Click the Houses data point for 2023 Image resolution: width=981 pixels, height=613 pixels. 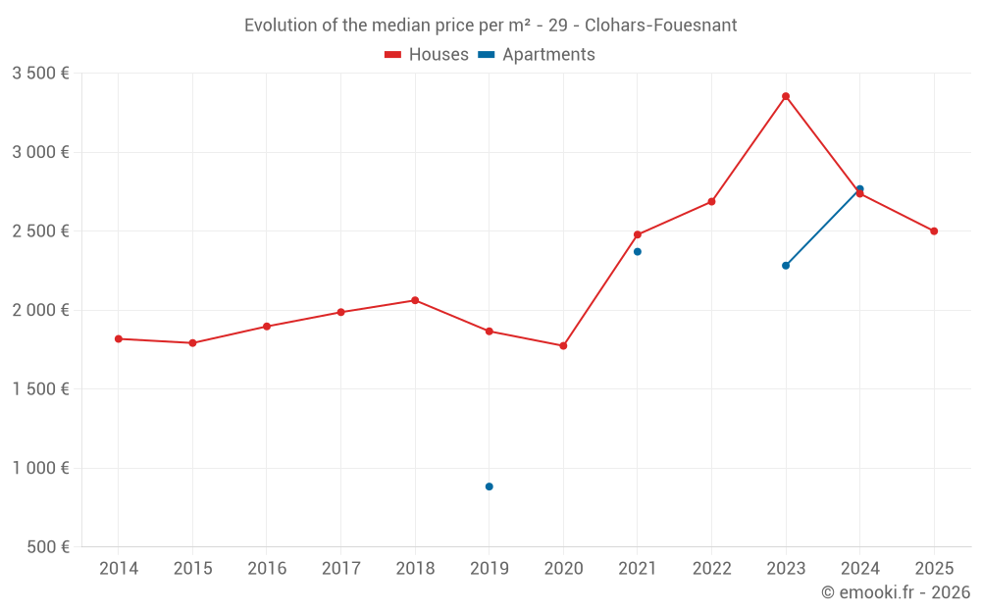[x=786, y=96]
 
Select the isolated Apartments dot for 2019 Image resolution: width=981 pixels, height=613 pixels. [x=489, y=486]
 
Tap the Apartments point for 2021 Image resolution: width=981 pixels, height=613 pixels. [x=638, y=252]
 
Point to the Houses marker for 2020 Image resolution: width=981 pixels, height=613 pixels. [x=563, y=346]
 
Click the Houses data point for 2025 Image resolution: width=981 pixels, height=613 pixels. [x=934, y=231]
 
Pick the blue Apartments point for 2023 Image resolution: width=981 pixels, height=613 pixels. [x=786, y=266]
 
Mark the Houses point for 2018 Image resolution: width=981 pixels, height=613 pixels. [x=415, y=300]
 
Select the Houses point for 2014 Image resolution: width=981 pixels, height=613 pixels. [x=119, y=338]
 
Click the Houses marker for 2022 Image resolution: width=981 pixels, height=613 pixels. [x=711, y=202]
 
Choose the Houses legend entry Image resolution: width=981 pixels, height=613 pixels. [x=427, y=55]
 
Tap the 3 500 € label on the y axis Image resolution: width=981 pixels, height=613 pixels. [x=40, y=74]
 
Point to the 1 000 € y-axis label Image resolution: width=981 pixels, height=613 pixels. [x=40, y=468]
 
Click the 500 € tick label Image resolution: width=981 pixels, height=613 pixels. [x=47, y=547]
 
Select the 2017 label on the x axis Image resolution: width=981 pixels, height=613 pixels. [x=340, y=569]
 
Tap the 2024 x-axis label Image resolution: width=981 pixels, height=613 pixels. [x=859, y=569]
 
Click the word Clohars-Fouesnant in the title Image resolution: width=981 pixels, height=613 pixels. [x=660, y=26]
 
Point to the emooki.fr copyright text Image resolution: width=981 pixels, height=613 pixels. [x=895, y=592]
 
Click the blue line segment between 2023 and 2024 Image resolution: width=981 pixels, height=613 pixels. [x=823, y=228]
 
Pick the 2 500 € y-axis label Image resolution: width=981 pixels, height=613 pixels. [x=40, y=231]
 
